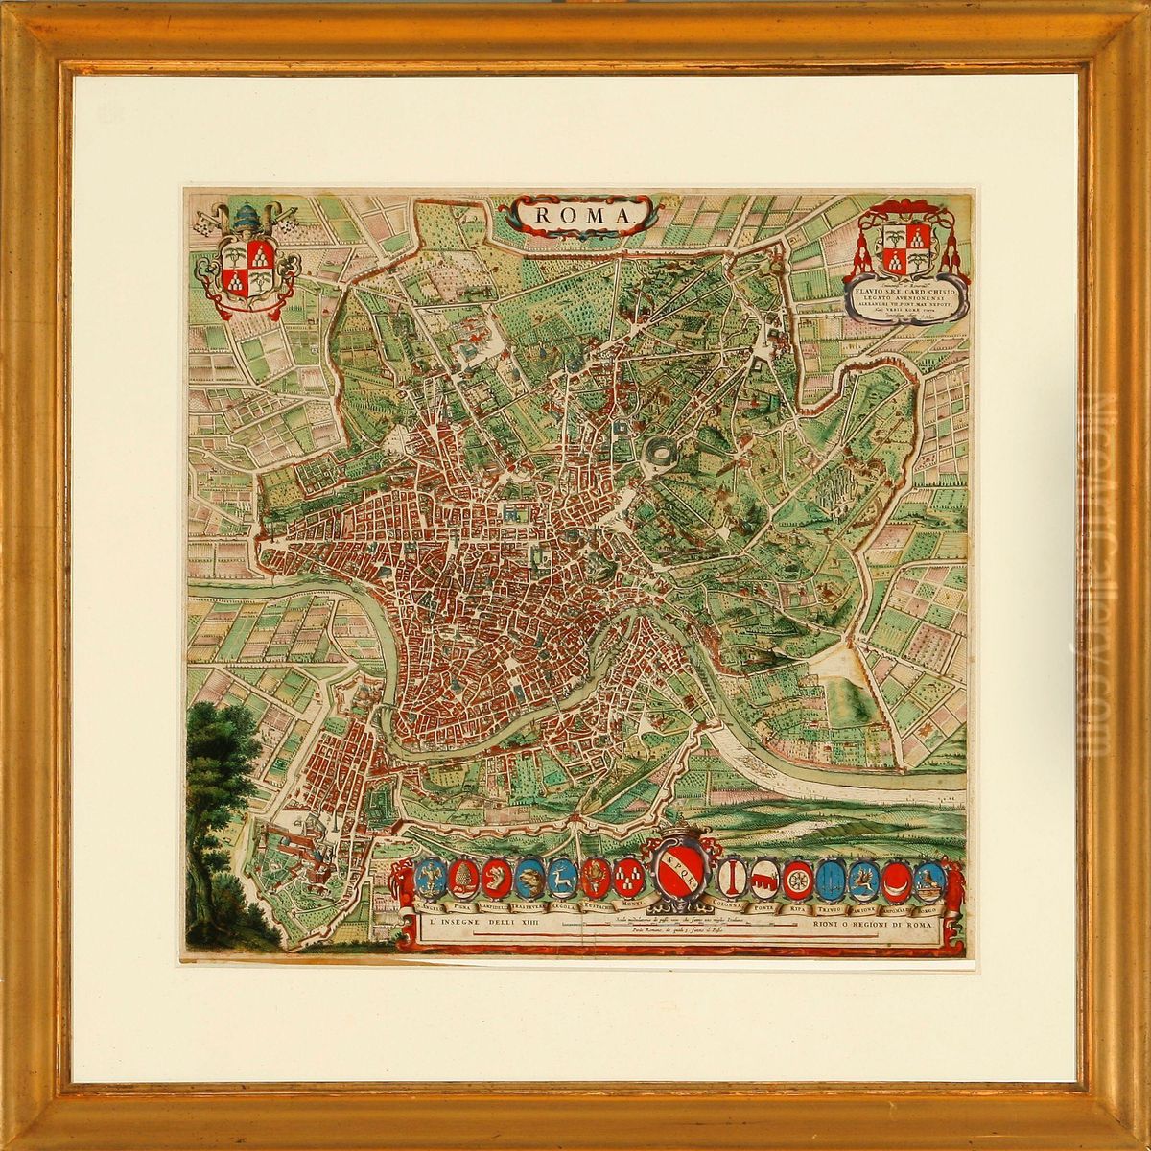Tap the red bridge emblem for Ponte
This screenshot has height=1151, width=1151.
pos(765,880)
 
